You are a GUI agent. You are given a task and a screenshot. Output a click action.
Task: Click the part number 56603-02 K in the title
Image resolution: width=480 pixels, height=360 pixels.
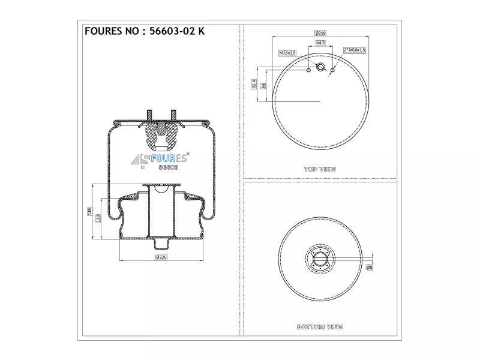pyautogui.click(x=177, y=31)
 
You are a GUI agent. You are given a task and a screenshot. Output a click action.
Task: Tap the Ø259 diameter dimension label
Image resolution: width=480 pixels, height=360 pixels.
pyautogui.click(x=320, y=33)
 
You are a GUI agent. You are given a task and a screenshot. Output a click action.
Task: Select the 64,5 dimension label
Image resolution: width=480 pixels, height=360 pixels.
pyautogui.click(x=320, y=43)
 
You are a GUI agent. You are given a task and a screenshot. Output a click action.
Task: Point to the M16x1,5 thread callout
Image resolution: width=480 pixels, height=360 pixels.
pyautogui.click(x=287, y=53)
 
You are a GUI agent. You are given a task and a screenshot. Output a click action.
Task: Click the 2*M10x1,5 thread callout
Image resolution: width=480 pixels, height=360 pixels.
pyautogui.click(x=355, y=50)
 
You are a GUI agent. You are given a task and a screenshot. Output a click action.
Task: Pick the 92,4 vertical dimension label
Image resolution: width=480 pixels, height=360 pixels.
pyautogui.click(x=254, y=84)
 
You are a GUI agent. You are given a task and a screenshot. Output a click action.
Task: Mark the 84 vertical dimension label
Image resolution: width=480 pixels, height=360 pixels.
pyautogui.click(x=263, y=86)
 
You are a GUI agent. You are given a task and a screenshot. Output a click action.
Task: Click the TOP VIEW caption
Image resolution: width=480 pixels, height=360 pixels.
pyautogui.click(x=320, y=169)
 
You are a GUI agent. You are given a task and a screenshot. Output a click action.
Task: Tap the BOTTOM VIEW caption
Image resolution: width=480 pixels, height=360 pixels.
pyautogui.click(x=320, y=327)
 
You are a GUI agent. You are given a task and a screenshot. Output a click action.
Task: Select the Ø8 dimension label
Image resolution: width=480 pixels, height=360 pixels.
pyautogui.click(x=370, y=267)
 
